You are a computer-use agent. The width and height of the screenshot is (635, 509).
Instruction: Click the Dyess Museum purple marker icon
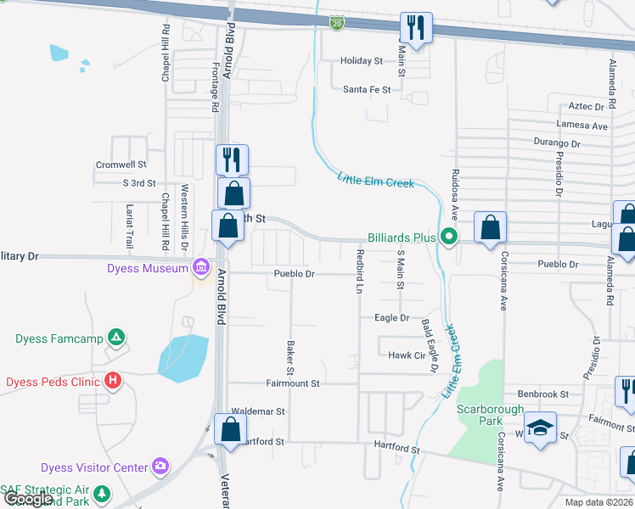(201, 268)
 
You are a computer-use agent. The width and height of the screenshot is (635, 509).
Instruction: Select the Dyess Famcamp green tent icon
(117, 338)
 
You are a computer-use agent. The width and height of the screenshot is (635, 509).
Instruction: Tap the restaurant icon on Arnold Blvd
(231, 159)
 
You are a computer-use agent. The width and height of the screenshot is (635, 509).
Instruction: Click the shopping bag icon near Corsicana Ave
(490, 227)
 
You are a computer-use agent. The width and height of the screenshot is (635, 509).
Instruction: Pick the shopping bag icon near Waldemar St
(231, 428)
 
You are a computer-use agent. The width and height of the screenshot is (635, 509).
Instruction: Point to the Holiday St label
(362, 61)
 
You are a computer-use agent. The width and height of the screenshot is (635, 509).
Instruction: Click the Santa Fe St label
(367, 89)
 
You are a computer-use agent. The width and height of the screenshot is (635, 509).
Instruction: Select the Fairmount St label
(292, 383)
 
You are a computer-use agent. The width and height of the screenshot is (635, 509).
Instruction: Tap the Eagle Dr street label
(392, 317)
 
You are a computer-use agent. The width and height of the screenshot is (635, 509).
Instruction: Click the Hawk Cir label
(406, 355)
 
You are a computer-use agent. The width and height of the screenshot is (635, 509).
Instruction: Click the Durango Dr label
(557, 143)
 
